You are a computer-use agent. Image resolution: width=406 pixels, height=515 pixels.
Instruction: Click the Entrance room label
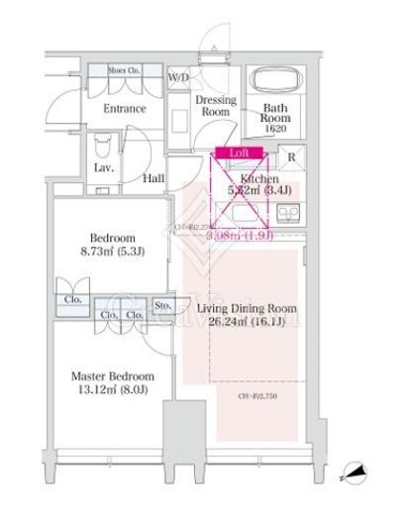coord(125,108)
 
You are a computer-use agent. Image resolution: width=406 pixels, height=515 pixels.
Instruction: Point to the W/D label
coord(179,76)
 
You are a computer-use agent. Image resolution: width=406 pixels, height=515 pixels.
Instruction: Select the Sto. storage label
coord(161,306)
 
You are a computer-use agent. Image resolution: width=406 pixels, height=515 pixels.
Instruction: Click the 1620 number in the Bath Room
coord(274,129)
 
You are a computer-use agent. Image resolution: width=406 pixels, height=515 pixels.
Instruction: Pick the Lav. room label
coord(104,169)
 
